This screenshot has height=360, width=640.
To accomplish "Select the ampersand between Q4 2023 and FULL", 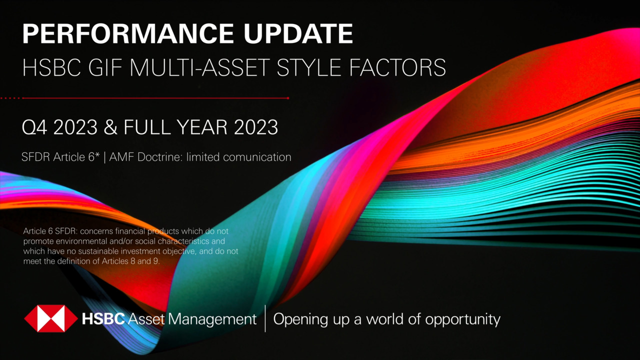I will pos(110,127).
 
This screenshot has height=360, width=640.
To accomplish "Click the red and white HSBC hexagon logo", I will pos(51,318).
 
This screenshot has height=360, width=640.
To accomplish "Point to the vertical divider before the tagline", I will pos(265,318).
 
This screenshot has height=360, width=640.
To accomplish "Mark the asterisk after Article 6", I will pos(99,154).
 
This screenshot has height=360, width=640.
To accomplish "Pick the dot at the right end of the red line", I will pos(288,98).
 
